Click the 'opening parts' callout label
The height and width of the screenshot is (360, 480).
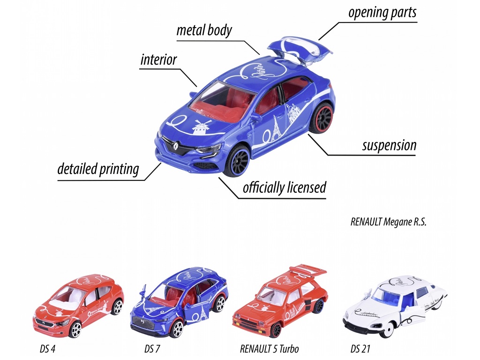pyautogui.click(x=382, y=13)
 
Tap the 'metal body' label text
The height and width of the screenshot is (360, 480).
pyautogui.click(x=204, y=30)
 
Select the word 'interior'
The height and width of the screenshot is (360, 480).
pyautogui.click(x=158, y=60)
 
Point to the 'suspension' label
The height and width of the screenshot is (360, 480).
pyautogui.click(x=389, y=145)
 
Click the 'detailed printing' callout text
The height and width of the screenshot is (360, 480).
pyautogui.click(x=98, y=169)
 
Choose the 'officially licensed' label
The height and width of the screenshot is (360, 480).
pyautogui.click(x=285, y=187)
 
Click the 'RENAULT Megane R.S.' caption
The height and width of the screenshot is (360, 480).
pyautogui.click(x=388, y=222)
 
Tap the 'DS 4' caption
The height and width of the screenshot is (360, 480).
pyautogui.click(x=47, y=349)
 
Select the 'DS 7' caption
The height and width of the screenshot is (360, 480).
pyautogui.click(x=152, y=349)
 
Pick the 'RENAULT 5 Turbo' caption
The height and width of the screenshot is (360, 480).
pyautogui.click(x=270, y=349)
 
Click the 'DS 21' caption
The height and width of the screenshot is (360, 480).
pyautogui.click(x=360, y=349)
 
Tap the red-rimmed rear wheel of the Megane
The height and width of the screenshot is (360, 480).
pyautogui.click(x=322, y=118)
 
